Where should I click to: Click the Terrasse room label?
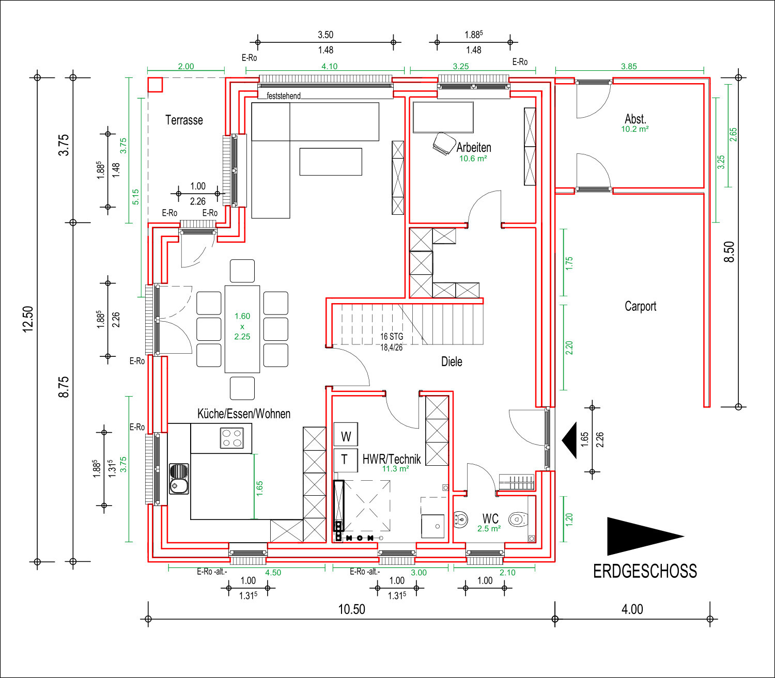point(184,120)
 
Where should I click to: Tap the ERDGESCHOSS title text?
point(645,571)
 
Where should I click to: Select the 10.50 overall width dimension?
point(351,609)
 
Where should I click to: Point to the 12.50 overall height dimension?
point(28,319)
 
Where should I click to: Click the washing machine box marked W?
point(346,434)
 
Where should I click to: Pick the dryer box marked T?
point(346,460)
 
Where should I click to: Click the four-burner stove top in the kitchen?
point(232,438)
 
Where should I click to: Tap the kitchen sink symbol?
point(179,479)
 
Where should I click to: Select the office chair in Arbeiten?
point(444,144)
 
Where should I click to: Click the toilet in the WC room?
point(518,519)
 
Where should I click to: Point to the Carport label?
point(640,306)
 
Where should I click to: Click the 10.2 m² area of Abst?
point(635,129)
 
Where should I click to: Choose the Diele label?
point(452,361)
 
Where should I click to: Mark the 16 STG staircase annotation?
point(392,337)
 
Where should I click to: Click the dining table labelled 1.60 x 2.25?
point(242,329)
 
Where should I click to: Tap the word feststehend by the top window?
point(283,96)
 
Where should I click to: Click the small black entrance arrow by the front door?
point(569,440)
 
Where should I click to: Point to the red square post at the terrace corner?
point(155,84)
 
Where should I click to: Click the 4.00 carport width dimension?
point(632,609)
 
